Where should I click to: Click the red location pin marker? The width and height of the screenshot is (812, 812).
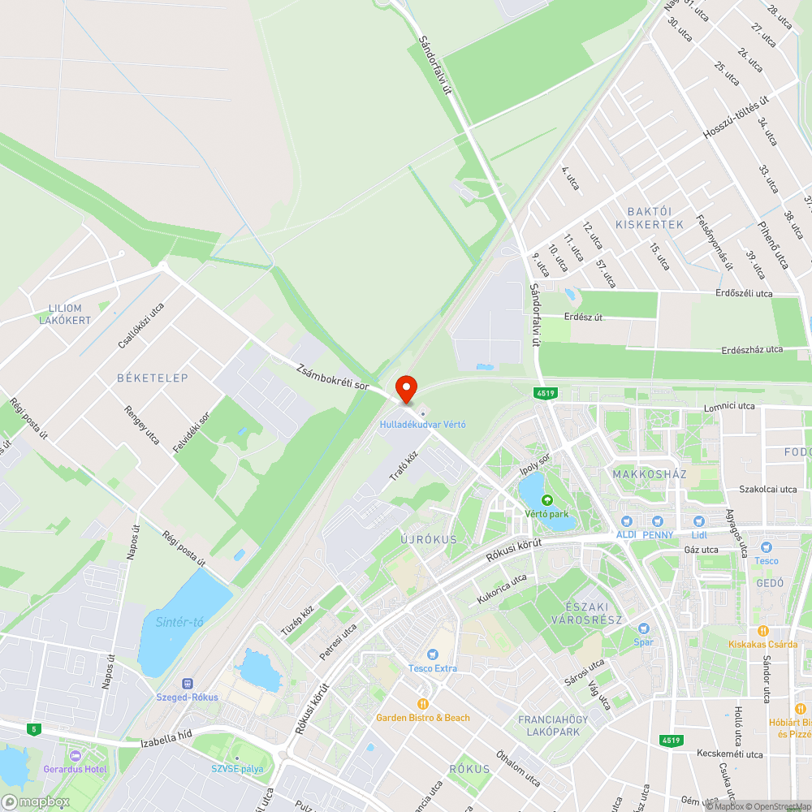(x=406, y=387)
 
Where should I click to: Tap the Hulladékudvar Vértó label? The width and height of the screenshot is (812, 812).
(x=422, y=425)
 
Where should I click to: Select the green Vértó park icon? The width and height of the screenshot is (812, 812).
(x=546, y=500)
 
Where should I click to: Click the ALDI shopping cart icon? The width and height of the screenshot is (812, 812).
(x=625, y=521)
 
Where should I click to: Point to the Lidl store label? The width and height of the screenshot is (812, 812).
(x=699, y=535)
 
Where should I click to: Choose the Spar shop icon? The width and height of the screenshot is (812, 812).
(x=644, y=628)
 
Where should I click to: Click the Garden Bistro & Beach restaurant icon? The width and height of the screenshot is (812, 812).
(x=422, y=703)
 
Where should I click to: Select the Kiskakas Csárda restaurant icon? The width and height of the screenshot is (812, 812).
(x=762, y=630)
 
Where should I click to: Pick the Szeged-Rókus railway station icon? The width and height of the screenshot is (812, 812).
(x=188, y=684)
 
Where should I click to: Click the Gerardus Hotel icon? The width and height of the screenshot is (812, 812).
(x=75, y=755)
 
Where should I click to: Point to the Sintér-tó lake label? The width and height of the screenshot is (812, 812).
(x=179, y=622)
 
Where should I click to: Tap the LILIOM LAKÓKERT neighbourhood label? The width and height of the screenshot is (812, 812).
(x=65, y=314)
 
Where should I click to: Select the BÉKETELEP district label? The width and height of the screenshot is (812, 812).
(x=153, y=378)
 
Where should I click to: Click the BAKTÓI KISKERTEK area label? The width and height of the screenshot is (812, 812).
(x=650, y=218)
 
